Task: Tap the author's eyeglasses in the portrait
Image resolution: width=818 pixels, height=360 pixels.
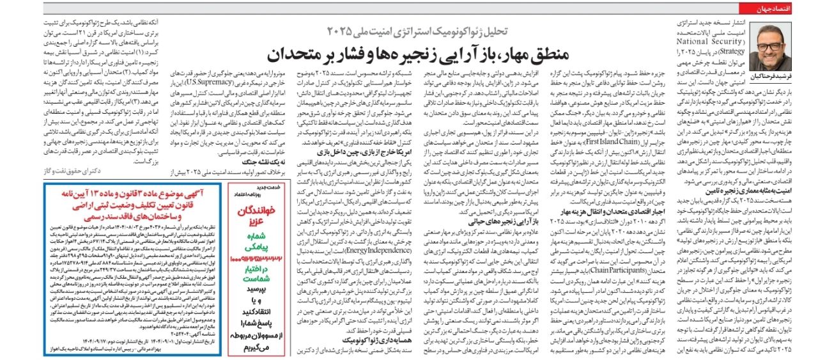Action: (770, 48)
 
